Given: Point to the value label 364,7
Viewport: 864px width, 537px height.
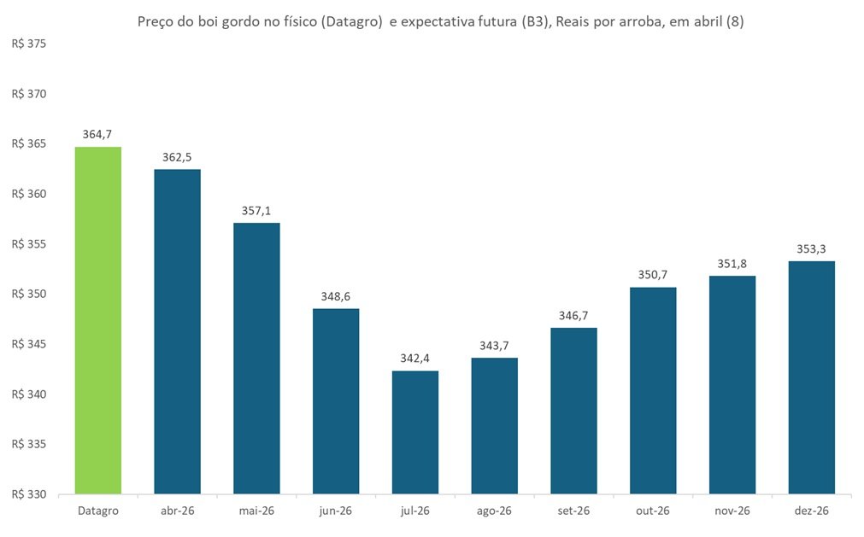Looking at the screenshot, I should point(97,135).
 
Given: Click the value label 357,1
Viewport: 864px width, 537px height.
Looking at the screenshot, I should point(256,211).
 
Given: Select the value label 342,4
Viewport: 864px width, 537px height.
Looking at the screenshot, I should point(414,359).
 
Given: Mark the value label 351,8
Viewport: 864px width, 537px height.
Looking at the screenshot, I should point(732,265).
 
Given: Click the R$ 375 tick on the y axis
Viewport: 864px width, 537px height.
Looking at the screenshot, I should point(28,44).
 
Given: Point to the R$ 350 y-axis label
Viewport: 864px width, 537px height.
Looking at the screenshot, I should point(28,295).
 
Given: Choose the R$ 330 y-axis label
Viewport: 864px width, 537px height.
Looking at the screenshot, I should point(28,494).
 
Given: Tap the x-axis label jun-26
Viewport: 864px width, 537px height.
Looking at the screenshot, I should point(336,511).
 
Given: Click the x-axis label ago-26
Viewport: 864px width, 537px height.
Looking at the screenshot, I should point(494,511).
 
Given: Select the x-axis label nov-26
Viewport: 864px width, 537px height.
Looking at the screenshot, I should point(732,511).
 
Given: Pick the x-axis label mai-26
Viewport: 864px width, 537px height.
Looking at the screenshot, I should point(256,511).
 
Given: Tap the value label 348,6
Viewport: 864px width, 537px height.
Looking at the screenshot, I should point(336,296).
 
